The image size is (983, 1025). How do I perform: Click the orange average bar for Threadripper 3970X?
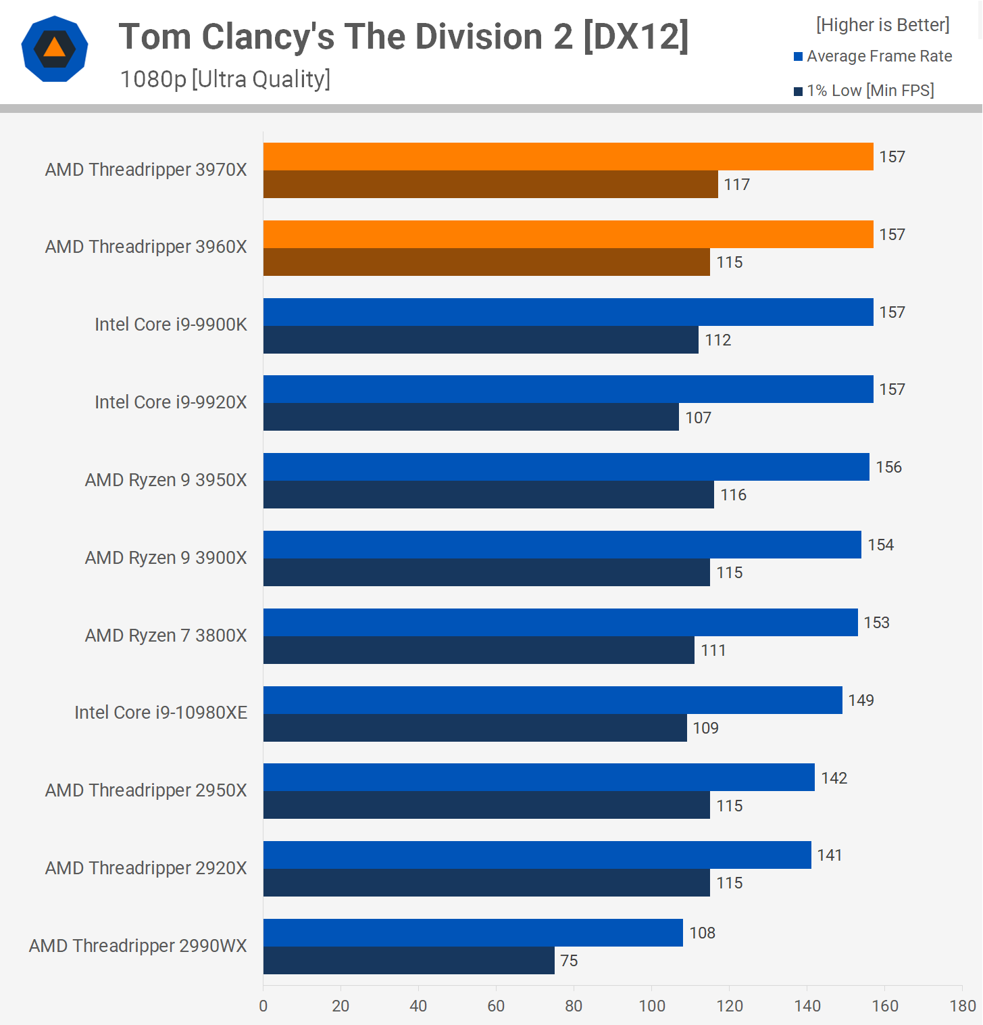click(x=568, y=156)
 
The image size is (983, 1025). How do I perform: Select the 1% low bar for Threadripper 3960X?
click(x=486, y=262)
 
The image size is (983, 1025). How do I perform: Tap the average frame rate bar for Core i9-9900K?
click(x=568, y=312)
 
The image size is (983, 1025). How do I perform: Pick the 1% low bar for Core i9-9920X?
click(x=471, y=417)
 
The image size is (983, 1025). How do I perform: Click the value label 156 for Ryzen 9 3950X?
click(x=888, y=467)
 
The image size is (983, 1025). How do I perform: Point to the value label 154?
click(x=880, y=545)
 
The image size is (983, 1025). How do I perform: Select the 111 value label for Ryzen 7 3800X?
click(x=713, y=650)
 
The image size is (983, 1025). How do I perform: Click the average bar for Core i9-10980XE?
click(x=553, y=700)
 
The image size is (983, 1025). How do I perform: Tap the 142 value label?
click(x=834, y=778)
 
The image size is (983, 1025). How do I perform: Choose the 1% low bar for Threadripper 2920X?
click(x=486, y=882)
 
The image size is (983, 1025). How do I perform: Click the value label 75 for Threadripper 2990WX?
click(x=569, y=961)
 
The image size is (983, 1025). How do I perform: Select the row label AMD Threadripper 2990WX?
click(x=138, y=945)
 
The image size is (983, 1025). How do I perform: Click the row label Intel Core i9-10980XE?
click(x=161, y=713)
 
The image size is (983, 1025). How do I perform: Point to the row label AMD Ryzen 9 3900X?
click(x=166, y=558)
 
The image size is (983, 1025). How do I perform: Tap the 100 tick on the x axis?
click(x=652, y=1006)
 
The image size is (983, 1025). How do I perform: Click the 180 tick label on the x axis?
click(x=962, y=1006)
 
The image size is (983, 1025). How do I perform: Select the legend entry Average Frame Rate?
click(x=878, y=56)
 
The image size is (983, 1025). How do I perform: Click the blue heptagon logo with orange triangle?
click(x=55, y=49)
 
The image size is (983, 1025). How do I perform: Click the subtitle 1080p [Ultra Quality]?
click(x=225, y=80)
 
